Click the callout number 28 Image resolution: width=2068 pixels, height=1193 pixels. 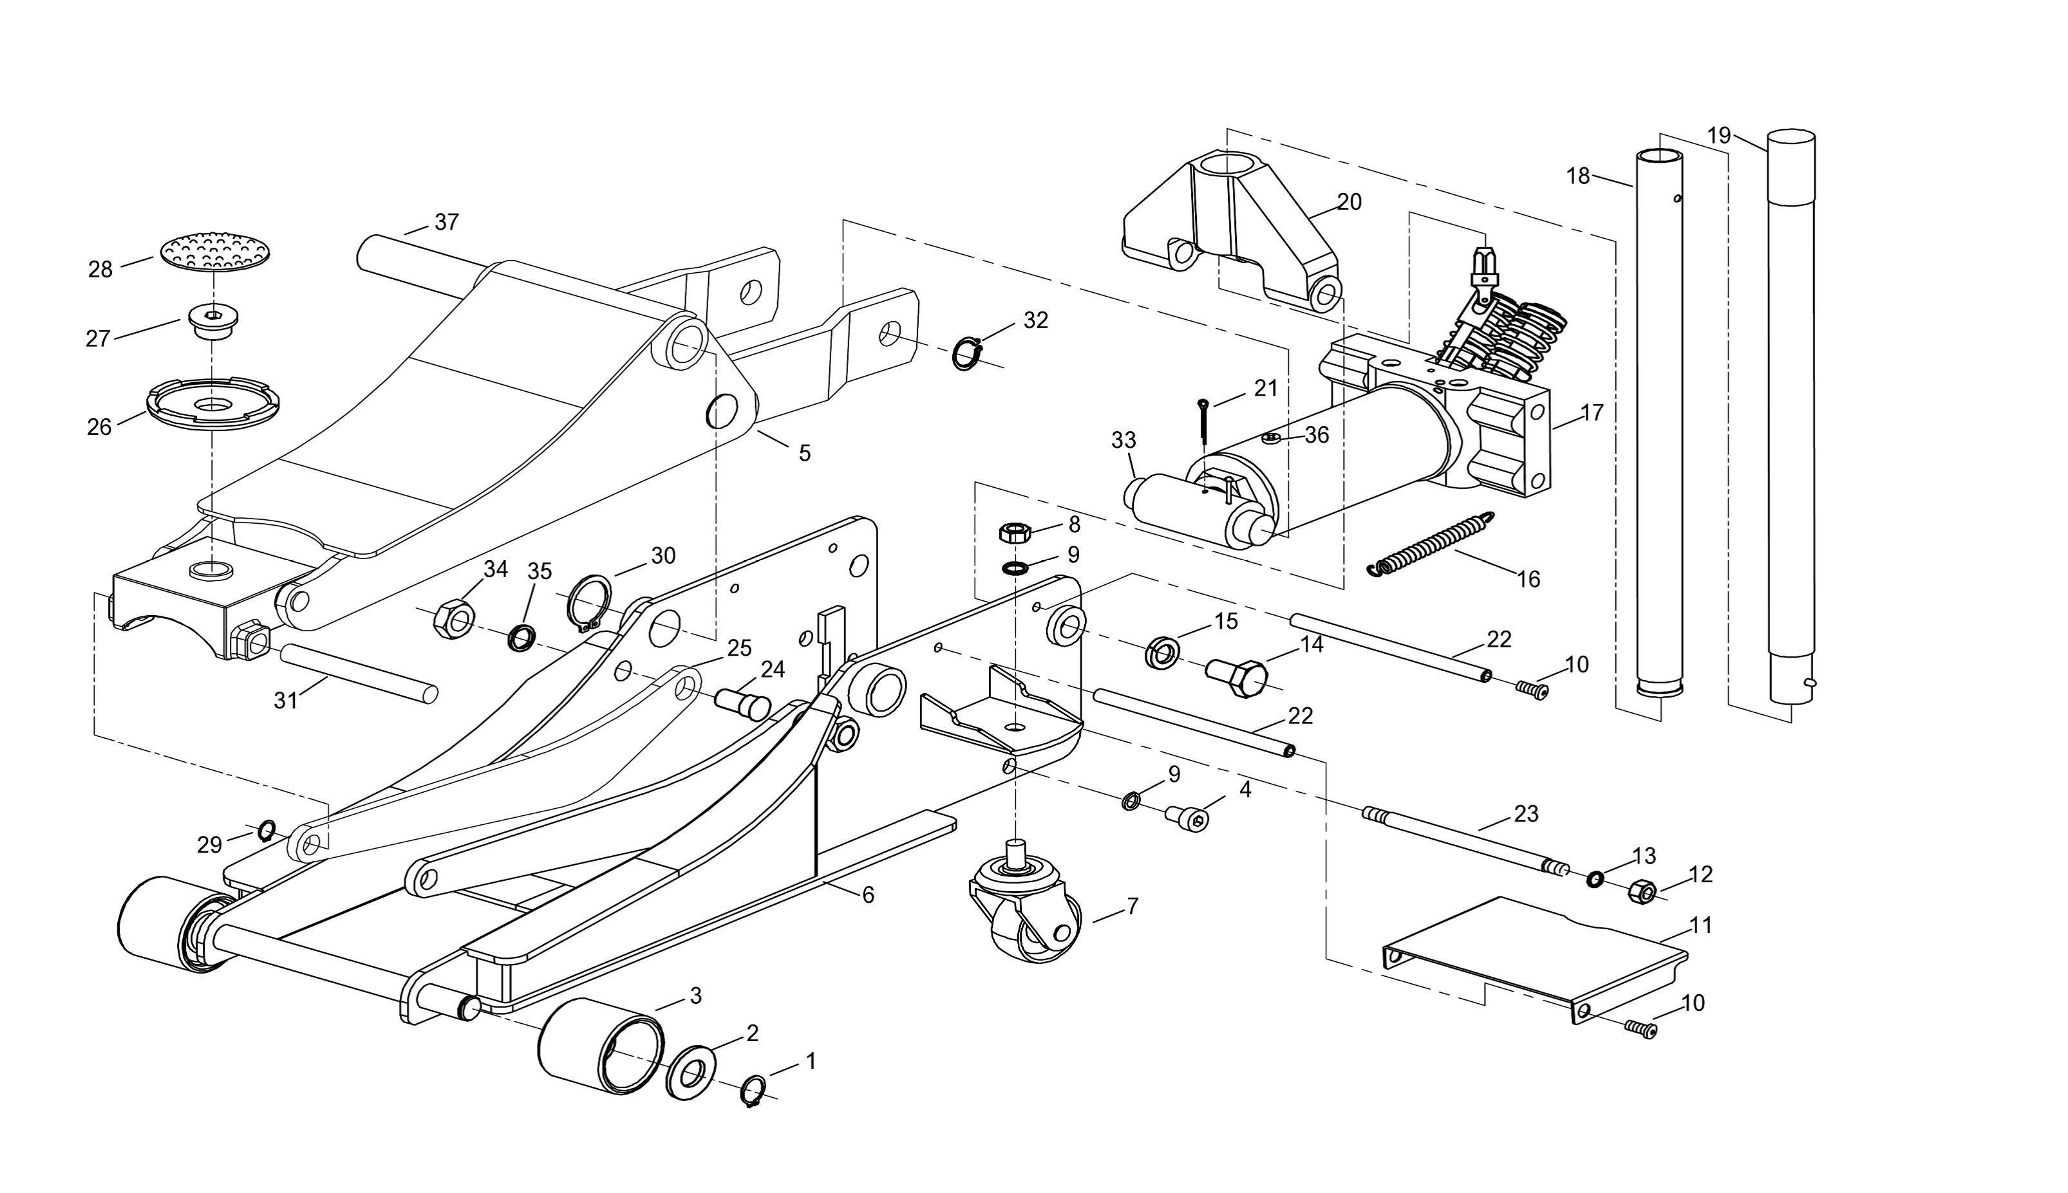[100, 270]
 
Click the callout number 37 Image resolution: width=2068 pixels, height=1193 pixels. [447, 222]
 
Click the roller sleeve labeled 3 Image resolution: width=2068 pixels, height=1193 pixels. [601, 1046]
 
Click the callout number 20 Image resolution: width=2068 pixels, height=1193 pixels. [1349, 201]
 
